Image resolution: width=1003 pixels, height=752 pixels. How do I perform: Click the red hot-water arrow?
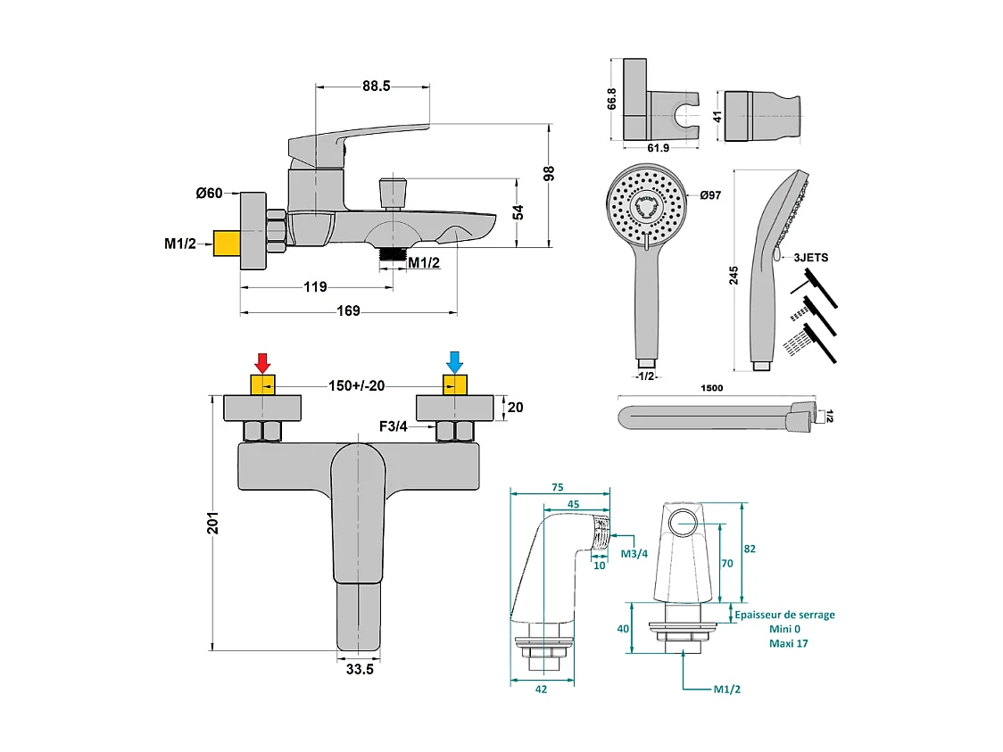pyautogui.click(x=262, y=362)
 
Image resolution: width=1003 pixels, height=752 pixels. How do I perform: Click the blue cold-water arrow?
pyautogui.click(x=455, y=362)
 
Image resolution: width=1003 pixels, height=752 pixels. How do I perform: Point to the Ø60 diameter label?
pyautogui.click(x=216, y=194)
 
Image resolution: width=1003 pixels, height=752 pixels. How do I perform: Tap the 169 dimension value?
pyautogui.click(x=349, y=311)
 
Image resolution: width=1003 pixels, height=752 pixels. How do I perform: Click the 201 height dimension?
pyautogui.click(x=212, y=523)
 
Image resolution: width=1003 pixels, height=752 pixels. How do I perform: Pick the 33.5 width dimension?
pyautogui.click(x=360, y=670)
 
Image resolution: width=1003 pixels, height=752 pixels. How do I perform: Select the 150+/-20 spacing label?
pyautogui.click(x=357, y=385)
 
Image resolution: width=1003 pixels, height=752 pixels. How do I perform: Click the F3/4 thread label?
pyautogui.click(x=394, y=427)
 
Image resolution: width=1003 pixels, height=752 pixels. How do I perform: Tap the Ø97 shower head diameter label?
pyautogui.click(x=710, y=195)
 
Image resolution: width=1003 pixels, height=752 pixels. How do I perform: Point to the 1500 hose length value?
pyautogui.click(x=712, y=388)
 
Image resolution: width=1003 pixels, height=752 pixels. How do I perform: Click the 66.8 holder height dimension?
pyautogui.click(x=612, y=98)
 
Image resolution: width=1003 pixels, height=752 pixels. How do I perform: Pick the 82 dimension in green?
pyautogui.click(x=750, y=549)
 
